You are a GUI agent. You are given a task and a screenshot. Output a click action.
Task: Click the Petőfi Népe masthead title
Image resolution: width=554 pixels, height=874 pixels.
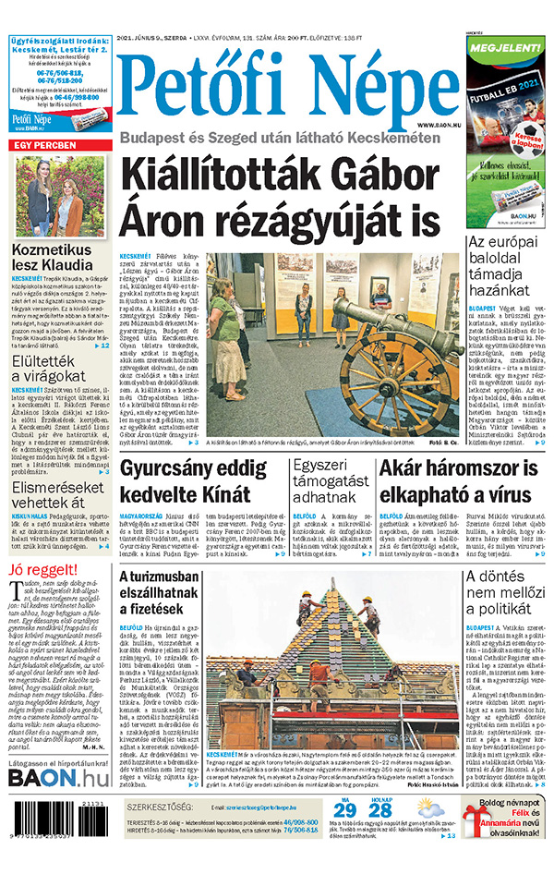(287, 86)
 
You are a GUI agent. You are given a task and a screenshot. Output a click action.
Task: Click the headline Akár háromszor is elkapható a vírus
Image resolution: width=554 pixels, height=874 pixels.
(460, 479)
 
